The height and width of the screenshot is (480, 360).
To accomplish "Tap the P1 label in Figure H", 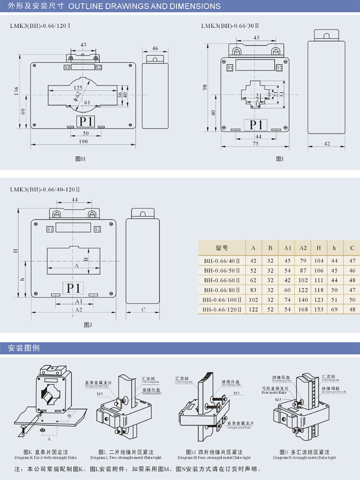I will [x=86, y=121].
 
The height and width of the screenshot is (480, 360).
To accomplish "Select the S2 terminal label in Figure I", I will [x=279, y=67].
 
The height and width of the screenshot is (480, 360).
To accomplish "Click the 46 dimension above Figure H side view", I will [x=155, y=48].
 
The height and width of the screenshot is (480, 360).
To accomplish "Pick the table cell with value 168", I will [x=303, y=309].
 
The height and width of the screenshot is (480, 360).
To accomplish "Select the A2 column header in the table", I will [x=303, y=248].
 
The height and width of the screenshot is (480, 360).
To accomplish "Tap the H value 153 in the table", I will [x=318, y=309].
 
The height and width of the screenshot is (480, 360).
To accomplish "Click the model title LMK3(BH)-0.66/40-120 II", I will [x=45, y=189].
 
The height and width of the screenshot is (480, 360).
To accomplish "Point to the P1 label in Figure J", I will [x=74, y=288].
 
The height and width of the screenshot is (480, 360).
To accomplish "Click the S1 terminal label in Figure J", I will [x=50, y=229].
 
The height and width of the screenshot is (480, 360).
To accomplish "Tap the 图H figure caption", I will [x=80, y=159].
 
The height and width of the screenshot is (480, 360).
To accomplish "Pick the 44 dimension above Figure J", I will [x=75, y=199].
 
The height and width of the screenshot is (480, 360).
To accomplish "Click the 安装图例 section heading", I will [x=24, y=348].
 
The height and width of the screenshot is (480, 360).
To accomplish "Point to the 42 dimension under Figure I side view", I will [x=327, y=143].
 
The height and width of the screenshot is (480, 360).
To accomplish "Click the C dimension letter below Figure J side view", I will [x=143, y=309].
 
